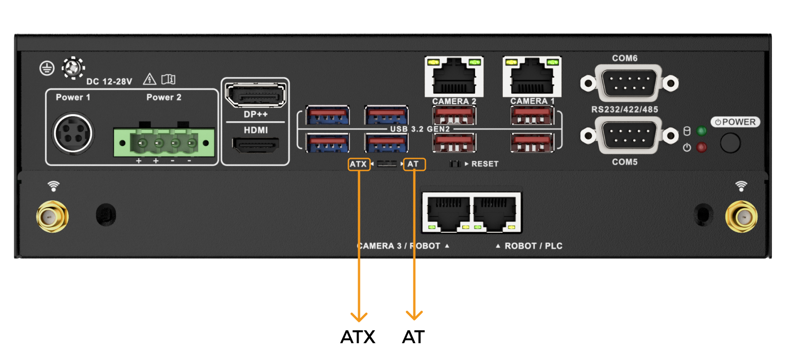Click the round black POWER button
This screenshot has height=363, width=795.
730,143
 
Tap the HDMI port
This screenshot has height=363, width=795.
255,146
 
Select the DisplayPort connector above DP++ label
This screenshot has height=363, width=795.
255,95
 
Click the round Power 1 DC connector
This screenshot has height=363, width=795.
73,134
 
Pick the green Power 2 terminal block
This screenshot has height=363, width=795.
164,142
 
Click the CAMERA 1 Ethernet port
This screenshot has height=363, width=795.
532,76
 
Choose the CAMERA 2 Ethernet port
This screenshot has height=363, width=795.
454,76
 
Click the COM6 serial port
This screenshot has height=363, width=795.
629,83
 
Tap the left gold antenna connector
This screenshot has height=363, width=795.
53,217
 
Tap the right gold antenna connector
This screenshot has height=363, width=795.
741,217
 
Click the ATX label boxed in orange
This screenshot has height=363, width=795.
359,164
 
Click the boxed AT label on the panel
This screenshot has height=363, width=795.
413,164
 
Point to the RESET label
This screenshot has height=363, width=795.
484,164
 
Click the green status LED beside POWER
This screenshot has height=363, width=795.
701,131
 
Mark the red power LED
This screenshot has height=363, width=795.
701,147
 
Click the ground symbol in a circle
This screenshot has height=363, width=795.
47,68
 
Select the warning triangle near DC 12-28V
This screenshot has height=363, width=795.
149,79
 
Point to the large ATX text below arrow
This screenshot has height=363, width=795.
358,337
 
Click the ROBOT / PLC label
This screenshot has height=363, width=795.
533,246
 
